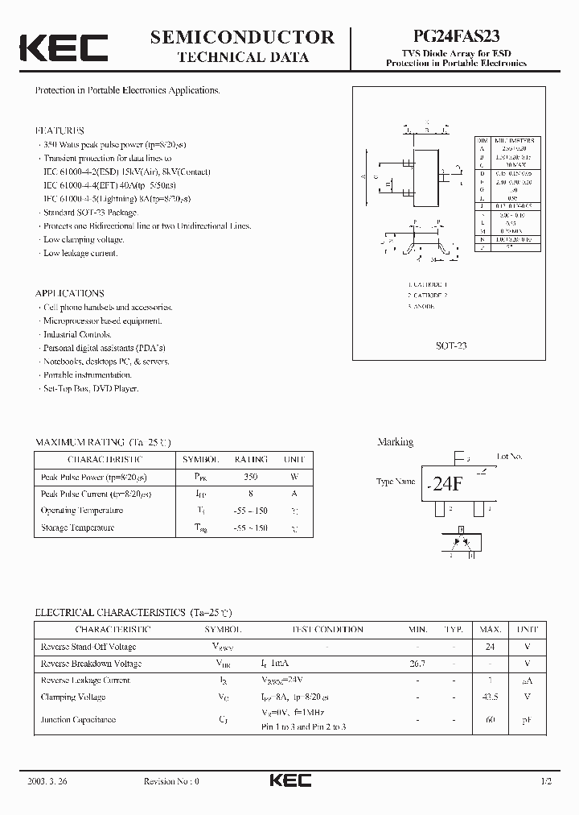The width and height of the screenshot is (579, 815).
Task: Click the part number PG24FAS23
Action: tap(460, 37)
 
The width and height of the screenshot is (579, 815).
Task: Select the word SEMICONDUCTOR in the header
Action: tap(242, 37)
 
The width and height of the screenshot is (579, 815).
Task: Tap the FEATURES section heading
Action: tap(60, 130)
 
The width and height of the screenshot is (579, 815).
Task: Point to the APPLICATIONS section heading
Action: tap(69, 293)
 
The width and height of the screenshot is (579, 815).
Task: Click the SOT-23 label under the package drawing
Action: tap(451, 345)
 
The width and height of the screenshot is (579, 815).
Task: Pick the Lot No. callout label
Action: tap(509, 457)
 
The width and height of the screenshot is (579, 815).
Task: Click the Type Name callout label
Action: tap(396, 482)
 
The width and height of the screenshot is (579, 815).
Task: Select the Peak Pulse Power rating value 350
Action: tap(251, 476)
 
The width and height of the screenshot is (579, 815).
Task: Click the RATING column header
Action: tap(251, 459)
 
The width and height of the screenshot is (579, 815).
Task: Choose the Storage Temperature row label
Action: tap(77, 527)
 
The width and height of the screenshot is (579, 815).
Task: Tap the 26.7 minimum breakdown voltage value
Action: tap(417, 664)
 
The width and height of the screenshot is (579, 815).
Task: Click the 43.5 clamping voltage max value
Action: tap(490, 697)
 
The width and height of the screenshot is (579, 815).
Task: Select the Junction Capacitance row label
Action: tap(78, 719)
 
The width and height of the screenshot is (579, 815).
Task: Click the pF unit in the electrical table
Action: tap(528, 719)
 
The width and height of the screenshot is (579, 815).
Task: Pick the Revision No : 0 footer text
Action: tap(170, 781)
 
